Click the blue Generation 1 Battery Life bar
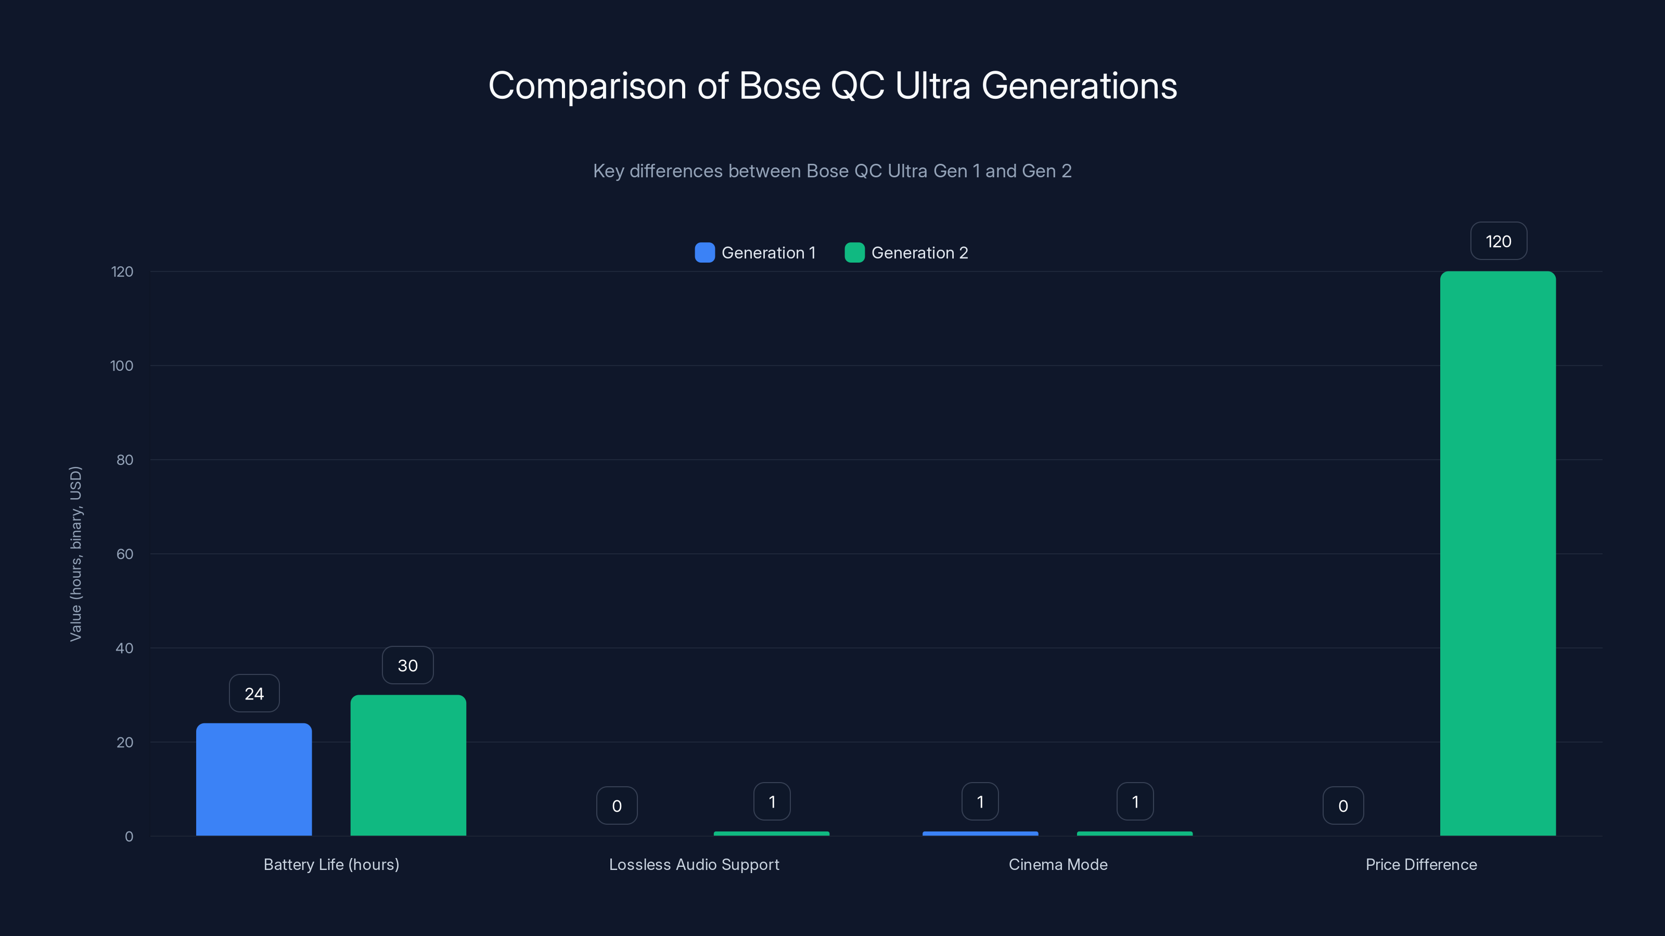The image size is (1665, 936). click(254, 779)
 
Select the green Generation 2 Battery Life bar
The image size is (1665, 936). click(408, 765)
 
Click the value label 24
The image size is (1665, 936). click(254, 694)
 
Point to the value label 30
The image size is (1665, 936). click(408, 666)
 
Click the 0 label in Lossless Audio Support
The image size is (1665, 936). click(617, 805)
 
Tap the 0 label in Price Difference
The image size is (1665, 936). click(1343, 805)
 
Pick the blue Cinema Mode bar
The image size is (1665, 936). click(980, 833)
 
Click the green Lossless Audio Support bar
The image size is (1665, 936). click(771, 833)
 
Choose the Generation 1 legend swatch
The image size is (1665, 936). click(705, 253)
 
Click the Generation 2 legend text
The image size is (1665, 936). click(919, 253)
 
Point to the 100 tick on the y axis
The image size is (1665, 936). click(122, 366)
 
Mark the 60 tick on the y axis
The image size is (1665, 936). click(125, 554)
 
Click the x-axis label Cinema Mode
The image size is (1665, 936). click(1057, 864)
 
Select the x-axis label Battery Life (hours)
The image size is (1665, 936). click(331, 864)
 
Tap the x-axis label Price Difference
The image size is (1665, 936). click(1420, 864)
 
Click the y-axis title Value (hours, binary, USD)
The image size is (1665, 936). click(75, 554)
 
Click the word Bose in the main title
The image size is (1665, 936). click(779, 86)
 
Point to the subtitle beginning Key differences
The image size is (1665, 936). click(832, 171)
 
